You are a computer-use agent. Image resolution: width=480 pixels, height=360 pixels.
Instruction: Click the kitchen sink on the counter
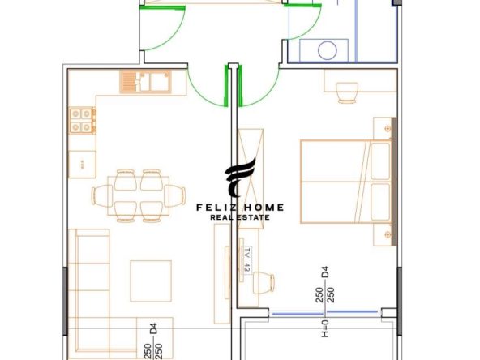pos(145,82)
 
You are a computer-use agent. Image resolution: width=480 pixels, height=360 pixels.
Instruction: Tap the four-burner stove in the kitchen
pos(82,120)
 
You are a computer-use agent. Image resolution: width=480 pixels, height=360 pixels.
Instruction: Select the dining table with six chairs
pos(139,196)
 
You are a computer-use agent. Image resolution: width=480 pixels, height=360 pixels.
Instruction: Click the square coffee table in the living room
pos(151,281)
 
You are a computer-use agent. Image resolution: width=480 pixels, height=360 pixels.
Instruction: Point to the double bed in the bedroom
pos(346,182)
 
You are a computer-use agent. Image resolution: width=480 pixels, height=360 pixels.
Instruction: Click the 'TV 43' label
pos(247,260)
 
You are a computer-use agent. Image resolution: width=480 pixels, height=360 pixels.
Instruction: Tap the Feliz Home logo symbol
pos(240,178)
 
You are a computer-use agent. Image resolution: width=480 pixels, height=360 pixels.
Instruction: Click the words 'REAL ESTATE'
pos(240,217)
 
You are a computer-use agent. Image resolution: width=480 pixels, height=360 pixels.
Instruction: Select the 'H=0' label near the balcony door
pos(325,328)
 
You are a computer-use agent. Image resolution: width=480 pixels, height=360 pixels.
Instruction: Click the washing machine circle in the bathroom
pos(328,50)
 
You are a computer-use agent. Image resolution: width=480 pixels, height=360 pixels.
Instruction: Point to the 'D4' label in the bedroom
pos(325,272)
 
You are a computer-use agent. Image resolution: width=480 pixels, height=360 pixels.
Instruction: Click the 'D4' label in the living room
pos(153,328)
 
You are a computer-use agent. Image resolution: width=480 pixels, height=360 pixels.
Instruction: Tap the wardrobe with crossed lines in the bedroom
pos(251,178)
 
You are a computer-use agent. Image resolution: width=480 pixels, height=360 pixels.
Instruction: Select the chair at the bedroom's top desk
pos(347,92)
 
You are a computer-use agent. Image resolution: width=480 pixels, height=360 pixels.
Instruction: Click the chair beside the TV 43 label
pos(264,283)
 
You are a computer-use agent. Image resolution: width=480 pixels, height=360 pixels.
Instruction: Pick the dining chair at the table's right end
pos(175,196)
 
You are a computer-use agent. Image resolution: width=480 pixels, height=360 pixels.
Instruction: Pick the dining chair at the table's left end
pos(102,196)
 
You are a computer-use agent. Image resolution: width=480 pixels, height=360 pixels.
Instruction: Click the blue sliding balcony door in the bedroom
pos(325,312)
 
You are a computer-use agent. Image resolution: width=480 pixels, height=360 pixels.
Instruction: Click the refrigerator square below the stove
pos(82,165)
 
